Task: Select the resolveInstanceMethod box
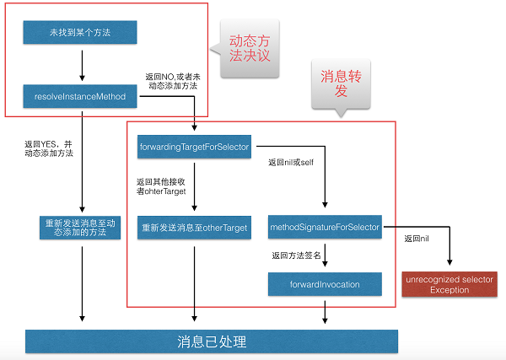[x=81, y=97]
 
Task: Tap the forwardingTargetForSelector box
[x=193, y=148]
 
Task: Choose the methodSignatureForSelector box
[x=325, y=228]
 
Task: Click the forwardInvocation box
[x=325, y=284]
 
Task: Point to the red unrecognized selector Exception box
[x=449, y=284]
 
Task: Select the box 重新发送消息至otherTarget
[x=193, y=228]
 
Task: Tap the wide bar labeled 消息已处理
[x=210, y=341]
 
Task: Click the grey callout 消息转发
[x=342, y=82]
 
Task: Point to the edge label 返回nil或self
[x=290, y=161]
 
